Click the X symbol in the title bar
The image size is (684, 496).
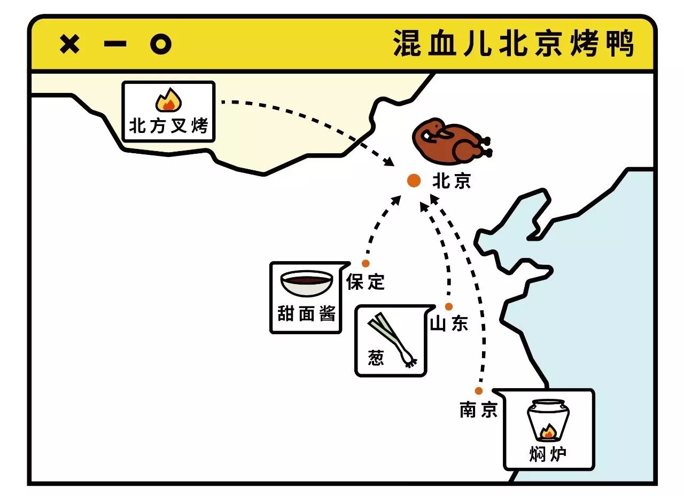pyautogui.click(x=69, y=44)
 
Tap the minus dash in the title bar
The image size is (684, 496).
pyautogui.click(x=115, y=44)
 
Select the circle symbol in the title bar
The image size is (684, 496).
pyautogui.click(x=160, y=44)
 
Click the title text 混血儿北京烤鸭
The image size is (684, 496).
pyautogui.click(x=514, y=43)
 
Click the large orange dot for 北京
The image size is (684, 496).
pyautogui.click(x=414, y=180)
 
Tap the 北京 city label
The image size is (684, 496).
pyautogui.click(x=452, y=182)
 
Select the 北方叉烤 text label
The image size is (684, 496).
pyautogui.click(x=168, y=127)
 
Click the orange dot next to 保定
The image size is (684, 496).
pyautogui.click(x=366, y=263)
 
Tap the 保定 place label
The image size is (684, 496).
pyautogui.click(x=366, y=281)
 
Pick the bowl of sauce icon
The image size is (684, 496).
pyautogui.click(x=307, y=284)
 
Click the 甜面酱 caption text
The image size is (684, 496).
pyautogui.click(x=306, y=313)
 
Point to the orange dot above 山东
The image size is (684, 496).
pyautogui.click(x=449, y=306)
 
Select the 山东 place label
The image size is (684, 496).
pyautogui.click(x=449, y=324)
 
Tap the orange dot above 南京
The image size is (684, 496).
pyautogui.click(x=478, y=391)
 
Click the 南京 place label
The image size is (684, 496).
pyautogui.click(x=478, y=410)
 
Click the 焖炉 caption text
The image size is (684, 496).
pyautogui.click(x=548, y=454)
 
